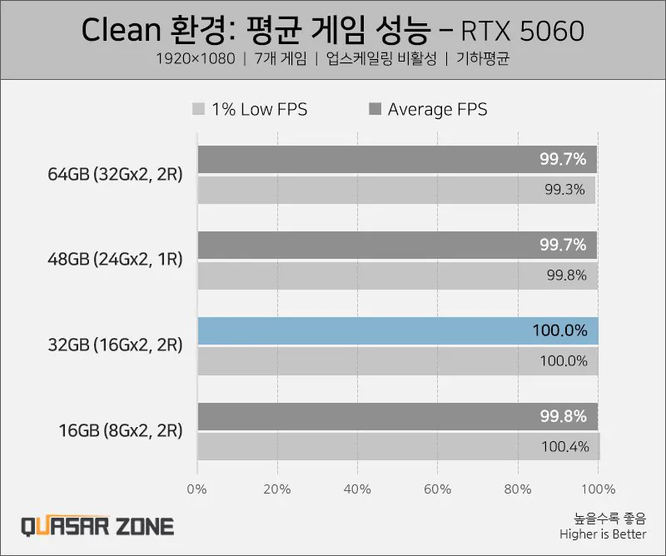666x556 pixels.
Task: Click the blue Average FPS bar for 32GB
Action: coord(397,331)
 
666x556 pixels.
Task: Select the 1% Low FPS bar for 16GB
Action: coord(398,447)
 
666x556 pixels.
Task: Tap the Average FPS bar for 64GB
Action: coord(397,159)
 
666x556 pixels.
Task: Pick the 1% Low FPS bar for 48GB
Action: coord(397,276)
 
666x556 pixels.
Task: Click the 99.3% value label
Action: coord(565,190)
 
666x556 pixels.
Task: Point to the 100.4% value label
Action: coord(565,447)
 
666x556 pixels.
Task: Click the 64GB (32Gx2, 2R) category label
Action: coord(115,175)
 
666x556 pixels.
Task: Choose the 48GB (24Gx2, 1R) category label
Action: coord(115,260)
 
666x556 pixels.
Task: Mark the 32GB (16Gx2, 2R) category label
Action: coord(115,345)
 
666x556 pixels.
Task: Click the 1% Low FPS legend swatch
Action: coord(198,109)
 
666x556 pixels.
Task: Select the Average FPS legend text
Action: coord(437,109)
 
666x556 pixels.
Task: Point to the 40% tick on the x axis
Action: coord(357,489)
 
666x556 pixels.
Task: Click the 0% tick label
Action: coord(197,489)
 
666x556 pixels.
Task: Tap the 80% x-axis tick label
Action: coord(518,489)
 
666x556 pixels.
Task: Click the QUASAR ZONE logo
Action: coord(97,526)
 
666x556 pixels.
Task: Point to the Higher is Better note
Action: coord(603,534)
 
